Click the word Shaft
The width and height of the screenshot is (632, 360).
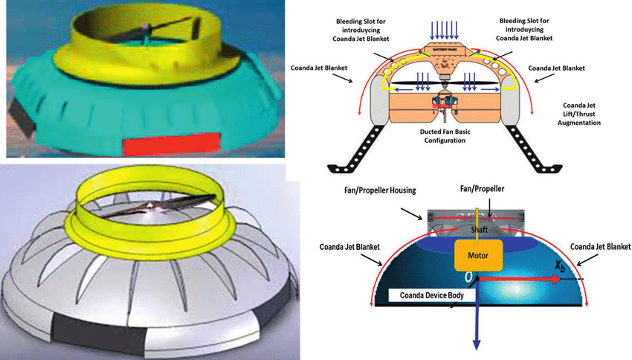pyautogui.click(x=479, y=229)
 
